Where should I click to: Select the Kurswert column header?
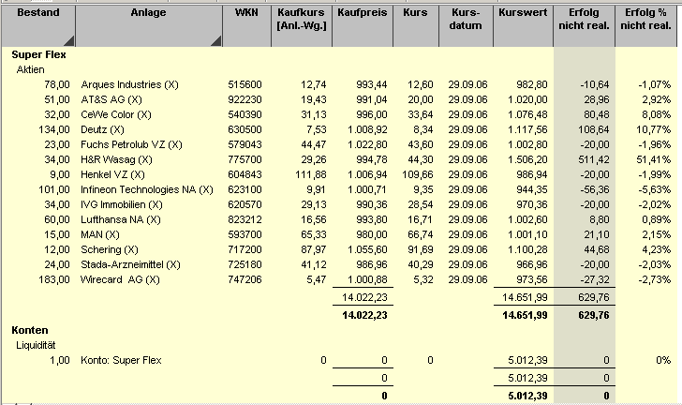523,18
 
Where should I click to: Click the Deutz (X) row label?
103,129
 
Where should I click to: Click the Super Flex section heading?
38,55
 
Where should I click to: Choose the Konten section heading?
29,331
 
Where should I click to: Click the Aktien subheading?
32,69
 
